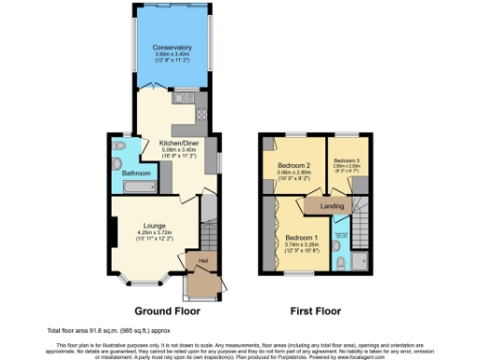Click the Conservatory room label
(x=172, y=47)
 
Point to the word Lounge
(x=155, y=225)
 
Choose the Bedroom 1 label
(x=301, y=238)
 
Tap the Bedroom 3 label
(x=346, y=160)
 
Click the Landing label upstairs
(x=332, y=205)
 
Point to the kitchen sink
(x=181, y=97)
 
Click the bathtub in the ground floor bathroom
(x=138, y=188)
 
